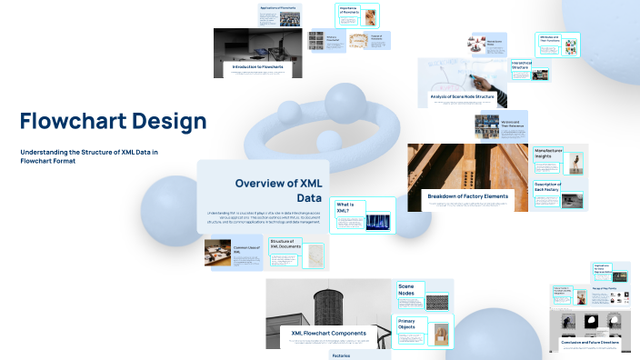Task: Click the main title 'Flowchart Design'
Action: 113,121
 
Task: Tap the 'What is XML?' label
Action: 349,208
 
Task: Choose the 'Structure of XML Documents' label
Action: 285,245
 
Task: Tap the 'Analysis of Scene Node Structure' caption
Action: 462,96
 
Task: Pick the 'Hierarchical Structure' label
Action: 520,65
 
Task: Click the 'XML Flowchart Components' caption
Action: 328,333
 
